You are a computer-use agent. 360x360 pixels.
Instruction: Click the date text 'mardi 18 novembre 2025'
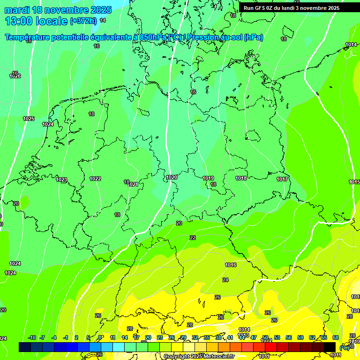click(x=58, y=10)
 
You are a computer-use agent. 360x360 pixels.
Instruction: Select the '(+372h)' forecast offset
click(x=83, y=21)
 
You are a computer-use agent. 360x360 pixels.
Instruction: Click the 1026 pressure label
click(x=15, y=76)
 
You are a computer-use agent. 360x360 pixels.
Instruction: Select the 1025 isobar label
click(x=29, y=119)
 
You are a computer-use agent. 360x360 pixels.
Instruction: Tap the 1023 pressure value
click(x=61, y=180)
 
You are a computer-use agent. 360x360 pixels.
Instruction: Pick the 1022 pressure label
click(x=95, y=179)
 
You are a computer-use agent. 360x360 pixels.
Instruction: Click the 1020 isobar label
click(x=172, y=177)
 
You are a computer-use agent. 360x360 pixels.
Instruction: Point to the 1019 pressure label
click(x=208, y=178)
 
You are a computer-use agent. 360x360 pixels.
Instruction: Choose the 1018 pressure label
click(x=241, y=178)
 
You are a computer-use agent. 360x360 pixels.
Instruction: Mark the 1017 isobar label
click(x=282, y=179)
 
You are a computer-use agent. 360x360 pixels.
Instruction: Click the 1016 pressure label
click(x=231, y=265)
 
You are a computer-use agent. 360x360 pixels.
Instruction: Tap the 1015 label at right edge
click(x=354, y=182)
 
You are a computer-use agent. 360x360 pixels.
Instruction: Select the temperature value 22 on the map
click(x=193, y=238)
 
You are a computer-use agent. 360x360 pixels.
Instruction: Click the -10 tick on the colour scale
click(x=32, y=337)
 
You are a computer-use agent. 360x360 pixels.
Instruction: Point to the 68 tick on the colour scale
click(x=336, y=337)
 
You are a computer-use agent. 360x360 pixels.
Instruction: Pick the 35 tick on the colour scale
click(x=207, y=337)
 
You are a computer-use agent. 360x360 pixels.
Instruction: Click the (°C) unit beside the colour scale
click(x=344, y=347)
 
